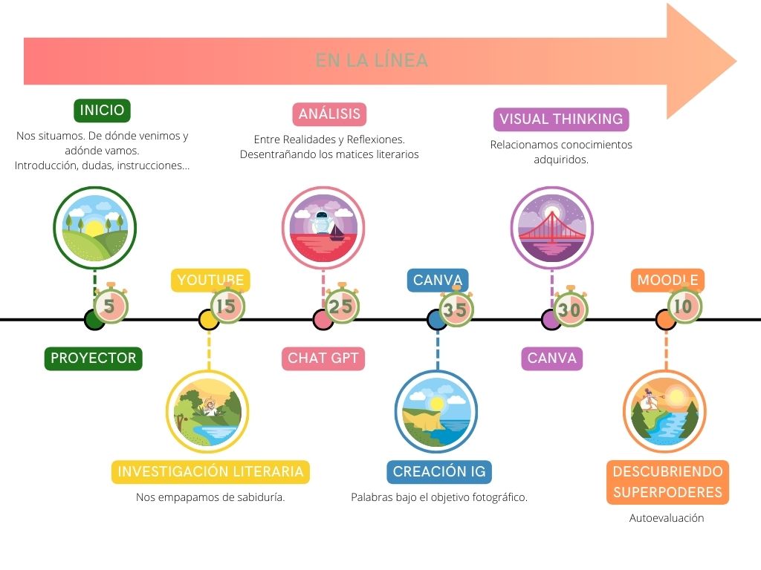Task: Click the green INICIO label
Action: click(x=103, y=111)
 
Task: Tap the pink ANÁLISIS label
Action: click(x=329, y=114)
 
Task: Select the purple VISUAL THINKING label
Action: click(x=561, y=119)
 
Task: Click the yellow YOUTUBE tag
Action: click(x=210, y=281)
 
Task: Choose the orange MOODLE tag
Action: click(x=667, y=281)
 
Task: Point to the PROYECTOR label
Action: click(x=94, y=358)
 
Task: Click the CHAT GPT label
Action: click(x=323, y=358)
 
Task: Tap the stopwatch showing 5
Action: click(x=110, y=305)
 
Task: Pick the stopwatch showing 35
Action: click(x=456, y=308)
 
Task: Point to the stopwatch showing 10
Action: click(x=683, y=305)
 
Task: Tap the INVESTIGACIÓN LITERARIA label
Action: click(x=210, y=471)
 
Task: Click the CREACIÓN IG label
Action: click(x=439, y=471)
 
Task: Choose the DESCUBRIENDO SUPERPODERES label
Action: click(x=667, y=482)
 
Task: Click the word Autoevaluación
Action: click(x=667, y=518)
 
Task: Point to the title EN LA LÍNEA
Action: click(x=372, y=61)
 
